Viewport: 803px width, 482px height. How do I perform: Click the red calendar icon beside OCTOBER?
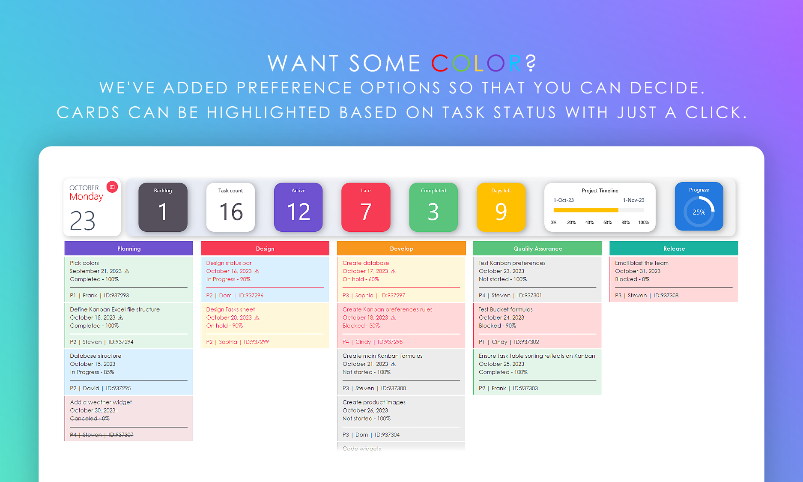[112, 187]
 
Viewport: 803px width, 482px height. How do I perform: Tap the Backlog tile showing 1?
[163, 207]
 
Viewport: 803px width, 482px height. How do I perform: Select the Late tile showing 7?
[366, 207]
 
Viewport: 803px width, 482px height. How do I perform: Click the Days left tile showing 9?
[501, 207]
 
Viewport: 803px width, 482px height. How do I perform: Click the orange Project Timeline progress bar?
[586, 210]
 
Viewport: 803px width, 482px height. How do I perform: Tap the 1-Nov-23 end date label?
[633, 200]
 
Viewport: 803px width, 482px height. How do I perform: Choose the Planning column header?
[129, 248]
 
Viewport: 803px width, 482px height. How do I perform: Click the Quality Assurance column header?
[537, 248]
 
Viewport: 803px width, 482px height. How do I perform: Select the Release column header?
[674, 248]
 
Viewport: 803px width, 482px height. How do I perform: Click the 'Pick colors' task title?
[84, 263]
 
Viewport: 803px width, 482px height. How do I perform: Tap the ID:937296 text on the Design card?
[251, 296]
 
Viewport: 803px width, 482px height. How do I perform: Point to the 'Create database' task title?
[366, 263]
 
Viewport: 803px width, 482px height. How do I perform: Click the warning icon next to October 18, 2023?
[393, 317]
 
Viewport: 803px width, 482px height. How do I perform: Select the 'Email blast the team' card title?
[642, 263]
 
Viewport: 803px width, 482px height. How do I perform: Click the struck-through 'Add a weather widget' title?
[101, 402]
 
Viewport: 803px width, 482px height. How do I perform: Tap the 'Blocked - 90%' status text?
[497, 326]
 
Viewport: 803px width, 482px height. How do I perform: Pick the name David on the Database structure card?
[91, 388]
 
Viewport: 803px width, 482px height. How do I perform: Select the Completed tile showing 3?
[433, 207]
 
